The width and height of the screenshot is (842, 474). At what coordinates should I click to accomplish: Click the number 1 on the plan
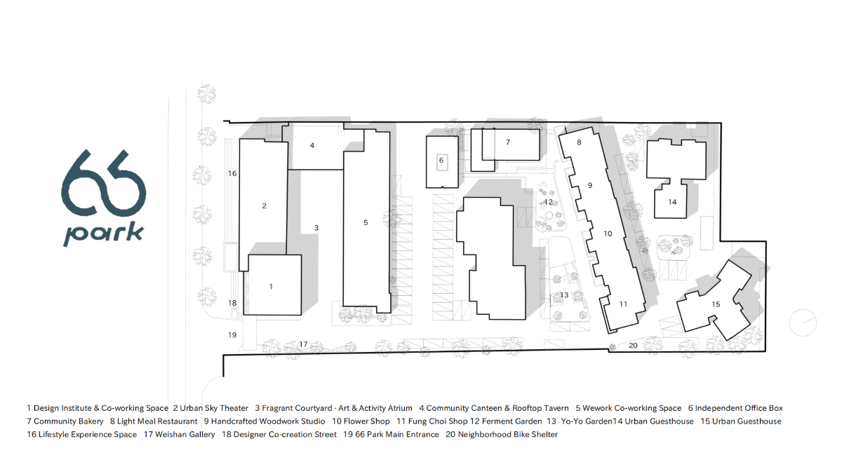coord(271,287)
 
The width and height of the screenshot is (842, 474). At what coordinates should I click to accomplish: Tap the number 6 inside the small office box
coord(441,161)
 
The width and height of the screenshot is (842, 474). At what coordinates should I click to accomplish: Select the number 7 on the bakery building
coord(508,142)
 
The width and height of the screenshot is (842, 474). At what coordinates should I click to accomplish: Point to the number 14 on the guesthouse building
coord(672,202)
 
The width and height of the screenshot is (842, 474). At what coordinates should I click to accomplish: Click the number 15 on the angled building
coord(716,304)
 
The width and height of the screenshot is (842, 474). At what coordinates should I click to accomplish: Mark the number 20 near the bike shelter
coord(633,346)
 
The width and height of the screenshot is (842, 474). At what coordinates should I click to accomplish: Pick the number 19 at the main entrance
coord(232,334)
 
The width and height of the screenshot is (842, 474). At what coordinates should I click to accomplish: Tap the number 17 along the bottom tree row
coord(303,344)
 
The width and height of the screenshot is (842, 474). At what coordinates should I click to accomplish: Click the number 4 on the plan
coord(312,145)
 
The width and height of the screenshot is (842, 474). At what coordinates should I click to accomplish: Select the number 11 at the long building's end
coord(623,304)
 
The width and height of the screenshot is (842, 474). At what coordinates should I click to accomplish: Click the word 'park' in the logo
coord(103,234)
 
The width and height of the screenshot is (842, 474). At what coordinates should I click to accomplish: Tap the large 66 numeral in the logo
coord(103,183)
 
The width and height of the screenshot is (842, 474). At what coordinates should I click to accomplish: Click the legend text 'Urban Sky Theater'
coord(214,408)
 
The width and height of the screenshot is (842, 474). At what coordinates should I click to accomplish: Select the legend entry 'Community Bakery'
coord(69,421)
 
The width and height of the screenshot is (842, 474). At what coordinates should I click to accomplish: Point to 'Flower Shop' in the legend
coord(366,421)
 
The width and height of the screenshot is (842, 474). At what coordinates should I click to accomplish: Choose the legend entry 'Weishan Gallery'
coord(185,435)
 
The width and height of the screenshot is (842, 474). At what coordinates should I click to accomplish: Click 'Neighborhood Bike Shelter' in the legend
coord(508,435)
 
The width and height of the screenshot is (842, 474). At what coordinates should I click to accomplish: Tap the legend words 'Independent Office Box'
coord(739,408)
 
